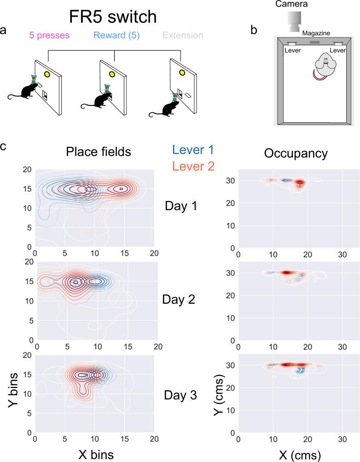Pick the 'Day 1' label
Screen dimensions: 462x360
(x=181, y=206)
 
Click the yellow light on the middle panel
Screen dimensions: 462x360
(x=112, y=73)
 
